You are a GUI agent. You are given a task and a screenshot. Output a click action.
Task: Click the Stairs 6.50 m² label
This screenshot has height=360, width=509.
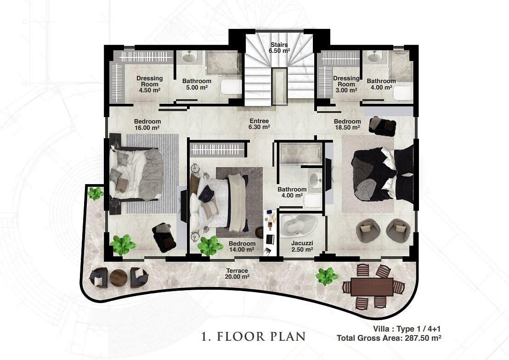click(x=279, y=48)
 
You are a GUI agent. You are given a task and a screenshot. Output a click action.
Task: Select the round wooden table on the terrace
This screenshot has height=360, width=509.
click(x=119, y=278)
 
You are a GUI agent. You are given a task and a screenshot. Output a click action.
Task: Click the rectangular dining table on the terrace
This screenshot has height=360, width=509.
click(x=372, y=287)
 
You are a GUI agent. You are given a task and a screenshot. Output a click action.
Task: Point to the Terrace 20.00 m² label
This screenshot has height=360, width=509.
click(x=237, y=273)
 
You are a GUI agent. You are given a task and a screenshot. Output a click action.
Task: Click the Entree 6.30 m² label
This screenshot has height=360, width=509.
click(x=259, y=124)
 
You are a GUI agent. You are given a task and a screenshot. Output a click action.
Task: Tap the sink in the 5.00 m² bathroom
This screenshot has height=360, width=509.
click(x=189, y=57)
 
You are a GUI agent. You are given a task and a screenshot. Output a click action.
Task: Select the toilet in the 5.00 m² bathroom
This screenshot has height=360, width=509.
click(x=231, y=86)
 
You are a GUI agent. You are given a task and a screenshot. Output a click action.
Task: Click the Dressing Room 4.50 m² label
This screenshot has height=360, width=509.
click(x=149, y=84)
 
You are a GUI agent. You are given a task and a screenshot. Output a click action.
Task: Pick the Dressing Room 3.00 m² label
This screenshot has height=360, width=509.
click(x=346, y=84)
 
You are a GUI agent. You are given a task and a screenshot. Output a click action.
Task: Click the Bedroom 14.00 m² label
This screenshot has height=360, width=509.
click(x=242, y=247)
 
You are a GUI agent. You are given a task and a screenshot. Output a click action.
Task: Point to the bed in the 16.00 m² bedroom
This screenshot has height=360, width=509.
click(x=136, y=173)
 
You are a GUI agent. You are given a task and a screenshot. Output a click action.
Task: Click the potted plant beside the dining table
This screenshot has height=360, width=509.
click(x=327, y=276)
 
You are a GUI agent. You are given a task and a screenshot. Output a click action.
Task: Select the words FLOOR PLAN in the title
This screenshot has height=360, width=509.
click(x=261, y=336)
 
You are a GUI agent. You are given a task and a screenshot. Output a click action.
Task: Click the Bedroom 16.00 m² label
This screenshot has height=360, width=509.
click(x=147, y=124)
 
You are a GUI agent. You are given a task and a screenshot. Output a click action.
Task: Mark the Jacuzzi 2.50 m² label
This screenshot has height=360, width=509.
click(x=302, y=246)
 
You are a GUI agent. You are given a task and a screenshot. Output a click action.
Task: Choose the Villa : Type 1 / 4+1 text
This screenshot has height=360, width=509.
click(x=407, y=329)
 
